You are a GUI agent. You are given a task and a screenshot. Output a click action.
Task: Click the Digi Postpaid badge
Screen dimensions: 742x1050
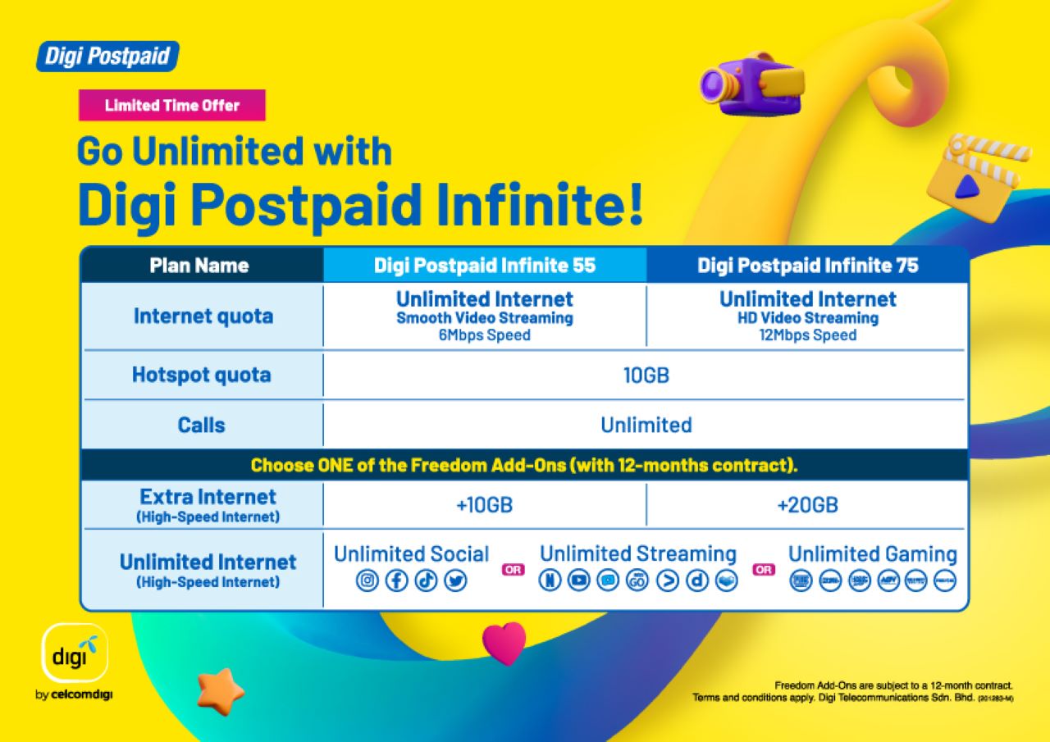[x=107, y=57]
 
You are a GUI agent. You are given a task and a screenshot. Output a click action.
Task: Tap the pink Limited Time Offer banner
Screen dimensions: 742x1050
[x=172, y=105]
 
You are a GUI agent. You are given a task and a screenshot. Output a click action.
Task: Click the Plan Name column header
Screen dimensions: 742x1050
[x=199, y=266]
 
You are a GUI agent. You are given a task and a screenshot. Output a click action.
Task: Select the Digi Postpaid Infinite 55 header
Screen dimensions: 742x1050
[x=485, y=266]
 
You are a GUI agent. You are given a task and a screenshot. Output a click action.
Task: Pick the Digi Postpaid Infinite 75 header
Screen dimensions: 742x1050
[x=808, y=266]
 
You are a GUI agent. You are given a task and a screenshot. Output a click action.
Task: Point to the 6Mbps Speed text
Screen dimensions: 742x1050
[x=485, y=335]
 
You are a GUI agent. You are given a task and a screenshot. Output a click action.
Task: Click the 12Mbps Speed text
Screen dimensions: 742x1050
[x=808, y=335]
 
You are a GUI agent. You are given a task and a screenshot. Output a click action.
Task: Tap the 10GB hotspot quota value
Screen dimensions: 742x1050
[x=646, y=376]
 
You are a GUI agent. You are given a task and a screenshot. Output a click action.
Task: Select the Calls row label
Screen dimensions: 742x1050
[x=201, y=425]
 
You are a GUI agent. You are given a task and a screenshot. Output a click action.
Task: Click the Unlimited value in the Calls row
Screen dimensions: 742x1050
[x=646, y=425]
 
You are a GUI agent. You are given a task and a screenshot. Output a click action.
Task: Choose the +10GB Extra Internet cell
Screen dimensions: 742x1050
[x=485, y=505]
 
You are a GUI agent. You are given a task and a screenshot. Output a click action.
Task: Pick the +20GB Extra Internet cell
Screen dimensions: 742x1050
[x=808, y=505]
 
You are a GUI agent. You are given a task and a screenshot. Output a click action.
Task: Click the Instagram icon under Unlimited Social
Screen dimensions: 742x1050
[x=368, y=580]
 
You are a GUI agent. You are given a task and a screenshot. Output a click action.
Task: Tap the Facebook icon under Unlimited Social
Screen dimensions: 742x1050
[x=397, y=580]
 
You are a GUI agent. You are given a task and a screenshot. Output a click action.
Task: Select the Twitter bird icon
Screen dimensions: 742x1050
[x=455, y=580]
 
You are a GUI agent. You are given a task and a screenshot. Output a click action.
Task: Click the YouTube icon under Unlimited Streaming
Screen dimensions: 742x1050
[x=579, y=580]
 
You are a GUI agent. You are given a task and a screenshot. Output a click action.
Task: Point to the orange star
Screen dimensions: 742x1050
[x=220, y=690]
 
